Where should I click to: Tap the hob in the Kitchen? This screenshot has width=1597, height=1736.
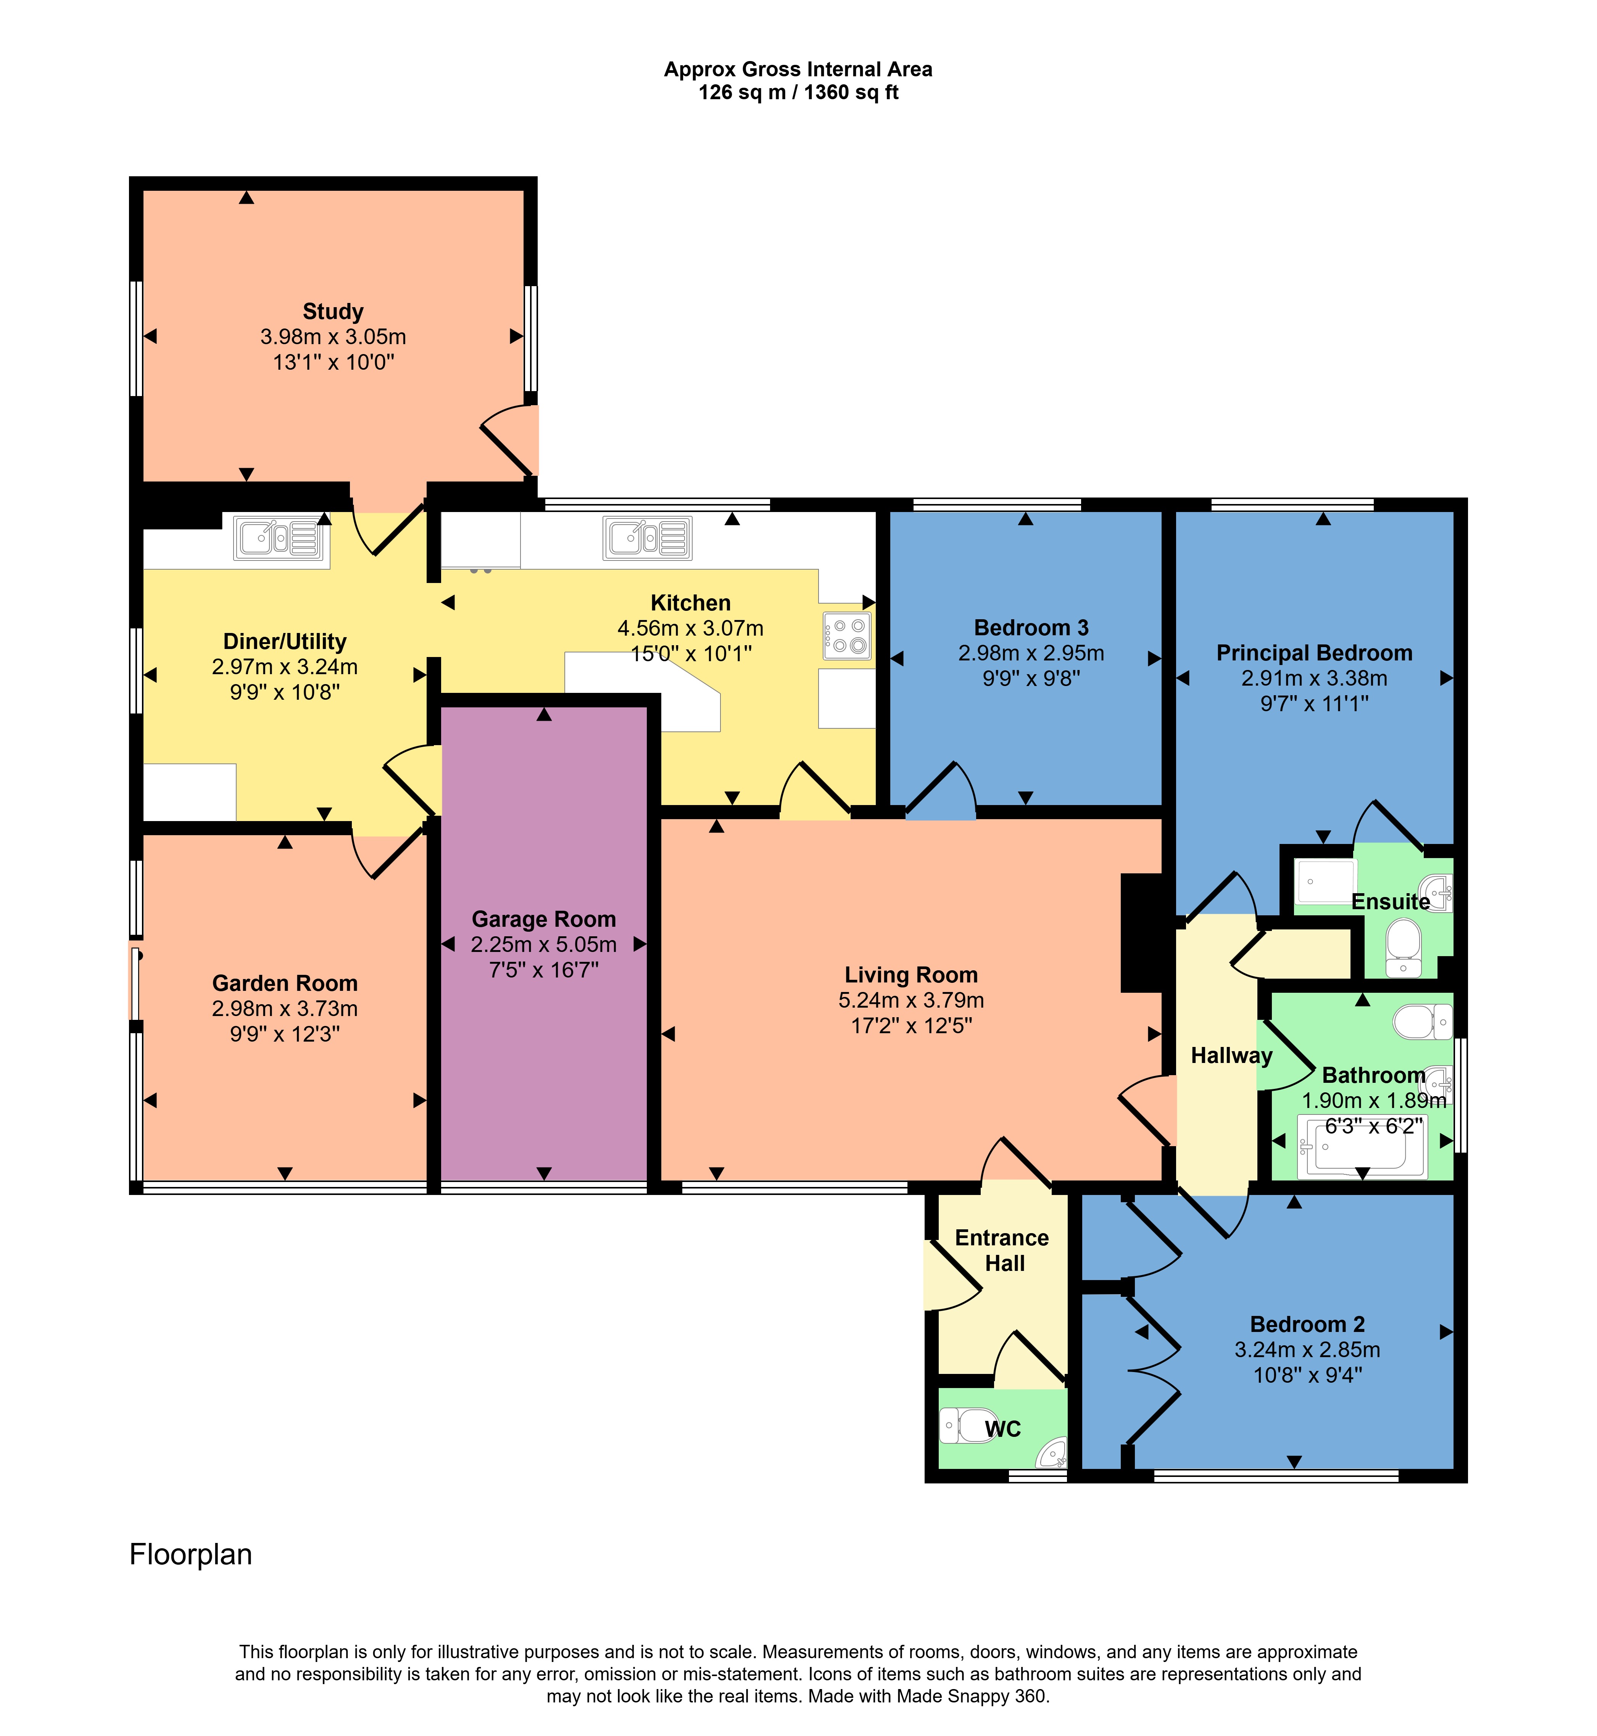tap(847, 636)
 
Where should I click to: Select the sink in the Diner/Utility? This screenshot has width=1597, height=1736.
tap(278, 538)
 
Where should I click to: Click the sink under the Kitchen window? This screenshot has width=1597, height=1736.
tap(647, 538)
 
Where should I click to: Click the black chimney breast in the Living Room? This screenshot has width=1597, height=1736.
tap(1143, 933)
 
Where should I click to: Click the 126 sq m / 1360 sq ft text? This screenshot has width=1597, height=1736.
tap(798, 92)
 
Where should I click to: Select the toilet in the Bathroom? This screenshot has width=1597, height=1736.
tap(1423, 1021)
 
